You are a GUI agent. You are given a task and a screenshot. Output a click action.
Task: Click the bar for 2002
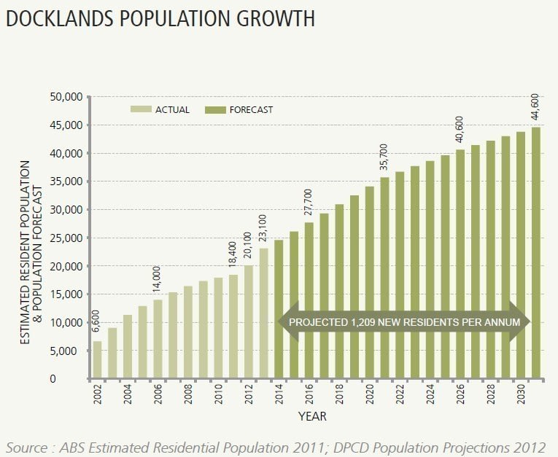[x=97, y=359]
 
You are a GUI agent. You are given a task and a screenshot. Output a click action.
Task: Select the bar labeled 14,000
[x=158, y=339]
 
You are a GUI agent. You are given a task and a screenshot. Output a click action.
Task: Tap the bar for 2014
[x=279, y=309]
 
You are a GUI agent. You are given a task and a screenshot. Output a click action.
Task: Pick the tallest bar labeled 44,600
[x=536, y=253]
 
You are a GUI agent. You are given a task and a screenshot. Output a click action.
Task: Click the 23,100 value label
[x=263, y=229]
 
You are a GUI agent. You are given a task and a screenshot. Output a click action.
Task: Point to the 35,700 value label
[x=384, y=157]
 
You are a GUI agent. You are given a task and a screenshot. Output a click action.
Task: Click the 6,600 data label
[x=96, y=321]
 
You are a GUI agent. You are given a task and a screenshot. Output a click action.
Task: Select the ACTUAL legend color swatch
[x=141, y=109]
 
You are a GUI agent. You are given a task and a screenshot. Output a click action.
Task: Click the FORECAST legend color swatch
[x=215, y=110]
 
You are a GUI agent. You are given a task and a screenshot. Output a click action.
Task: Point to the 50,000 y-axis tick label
[x=66, y=97]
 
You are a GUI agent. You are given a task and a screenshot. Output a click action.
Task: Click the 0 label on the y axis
[x=53, y=379]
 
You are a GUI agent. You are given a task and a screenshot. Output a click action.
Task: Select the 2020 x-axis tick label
[x=370, y=394]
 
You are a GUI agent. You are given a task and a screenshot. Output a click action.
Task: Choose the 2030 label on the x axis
[x=521, y=394]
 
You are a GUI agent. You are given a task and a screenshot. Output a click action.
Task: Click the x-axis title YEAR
[x=312, y=416]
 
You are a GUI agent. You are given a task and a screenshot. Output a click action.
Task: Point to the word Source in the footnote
[x=27, y=447]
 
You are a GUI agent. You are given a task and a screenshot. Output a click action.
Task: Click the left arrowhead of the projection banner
[x=288, y=321]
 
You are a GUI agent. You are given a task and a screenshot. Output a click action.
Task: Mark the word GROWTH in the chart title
[x=276, y=18]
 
